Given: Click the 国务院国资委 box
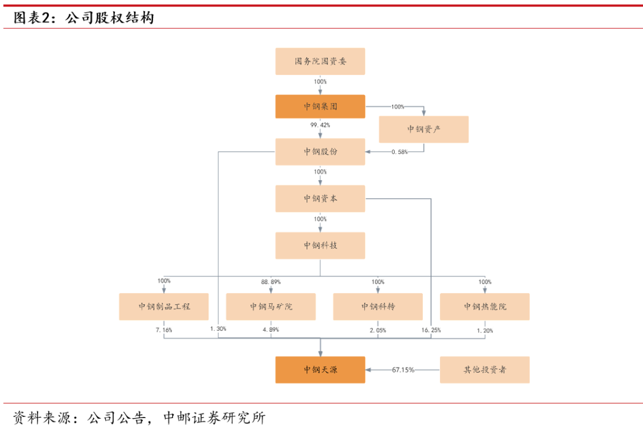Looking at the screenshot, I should (x=320, y=61).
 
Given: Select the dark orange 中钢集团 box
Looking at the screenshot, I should (x=320, y=106).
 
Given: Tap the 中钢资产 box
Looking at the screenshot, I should (x=424, y=129).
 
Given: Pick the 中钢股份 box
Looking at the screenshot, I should (x=320, y=152).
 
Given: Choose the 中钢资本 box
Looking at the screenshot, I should (x=320, y=199).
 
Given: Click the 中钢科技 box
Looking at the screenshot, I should (x=320, y=245).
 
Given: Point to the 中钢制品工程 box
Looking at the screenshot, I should (x=164, y=307).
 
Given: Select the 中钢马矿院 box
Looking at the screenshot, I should (x=271, y=307).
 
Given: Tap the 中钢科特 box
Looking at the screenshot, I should (x=377, y=307).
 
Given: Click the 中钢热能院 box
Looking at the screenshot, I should (x=485, y=307).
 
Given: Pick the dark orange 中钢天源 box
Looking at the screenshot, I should (x=320, y=370).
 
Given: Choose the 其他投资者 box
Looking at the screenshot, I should (x=485, y=370).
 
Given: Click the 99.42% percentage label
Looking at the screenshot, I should (x=320, y=125).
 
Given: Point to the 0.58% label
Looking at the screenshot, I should (x=399, y=152).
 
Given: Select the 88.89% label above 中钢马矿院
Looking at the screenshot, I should (x=271, y=281).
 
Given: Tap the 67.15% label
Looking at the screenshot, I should (x=403, y=370).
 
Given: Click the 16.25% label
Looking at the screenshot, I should (x=430, y=329).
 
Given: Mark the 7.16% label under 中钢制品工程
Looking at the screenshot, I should (x=164, y=329).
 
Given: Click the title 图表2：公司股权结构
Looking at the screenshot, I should (x=83, y=18).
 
